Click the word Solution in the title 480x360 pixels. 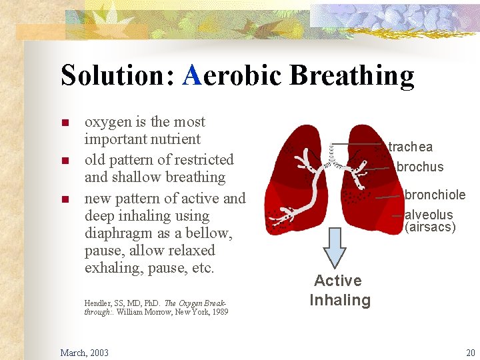[x=117, y=75]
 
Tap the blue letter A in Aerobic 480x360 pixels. [x=191, y=75]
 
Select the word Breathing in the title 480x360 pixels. [x=351, y=75]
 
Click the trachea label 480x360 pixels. [x=410, y=147]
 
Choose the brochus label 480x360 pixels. [x=419, y=167]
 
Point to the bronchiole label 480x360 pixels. [x=435, y=195]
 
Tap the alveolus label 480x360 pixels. [x=429, y=215]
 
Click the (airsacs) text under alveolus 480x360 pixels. [x=430, y=227]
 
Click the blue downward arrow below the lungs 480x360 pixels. [x=335, y=253]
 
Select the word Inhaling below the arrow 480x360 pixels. [x=339, y=300]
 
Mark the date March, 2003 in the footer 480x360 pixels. [x=85, y=353]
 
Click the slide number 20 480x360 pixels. [x=470, y=353]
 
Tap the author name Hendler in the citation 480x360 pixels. [x=97, y=303]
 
